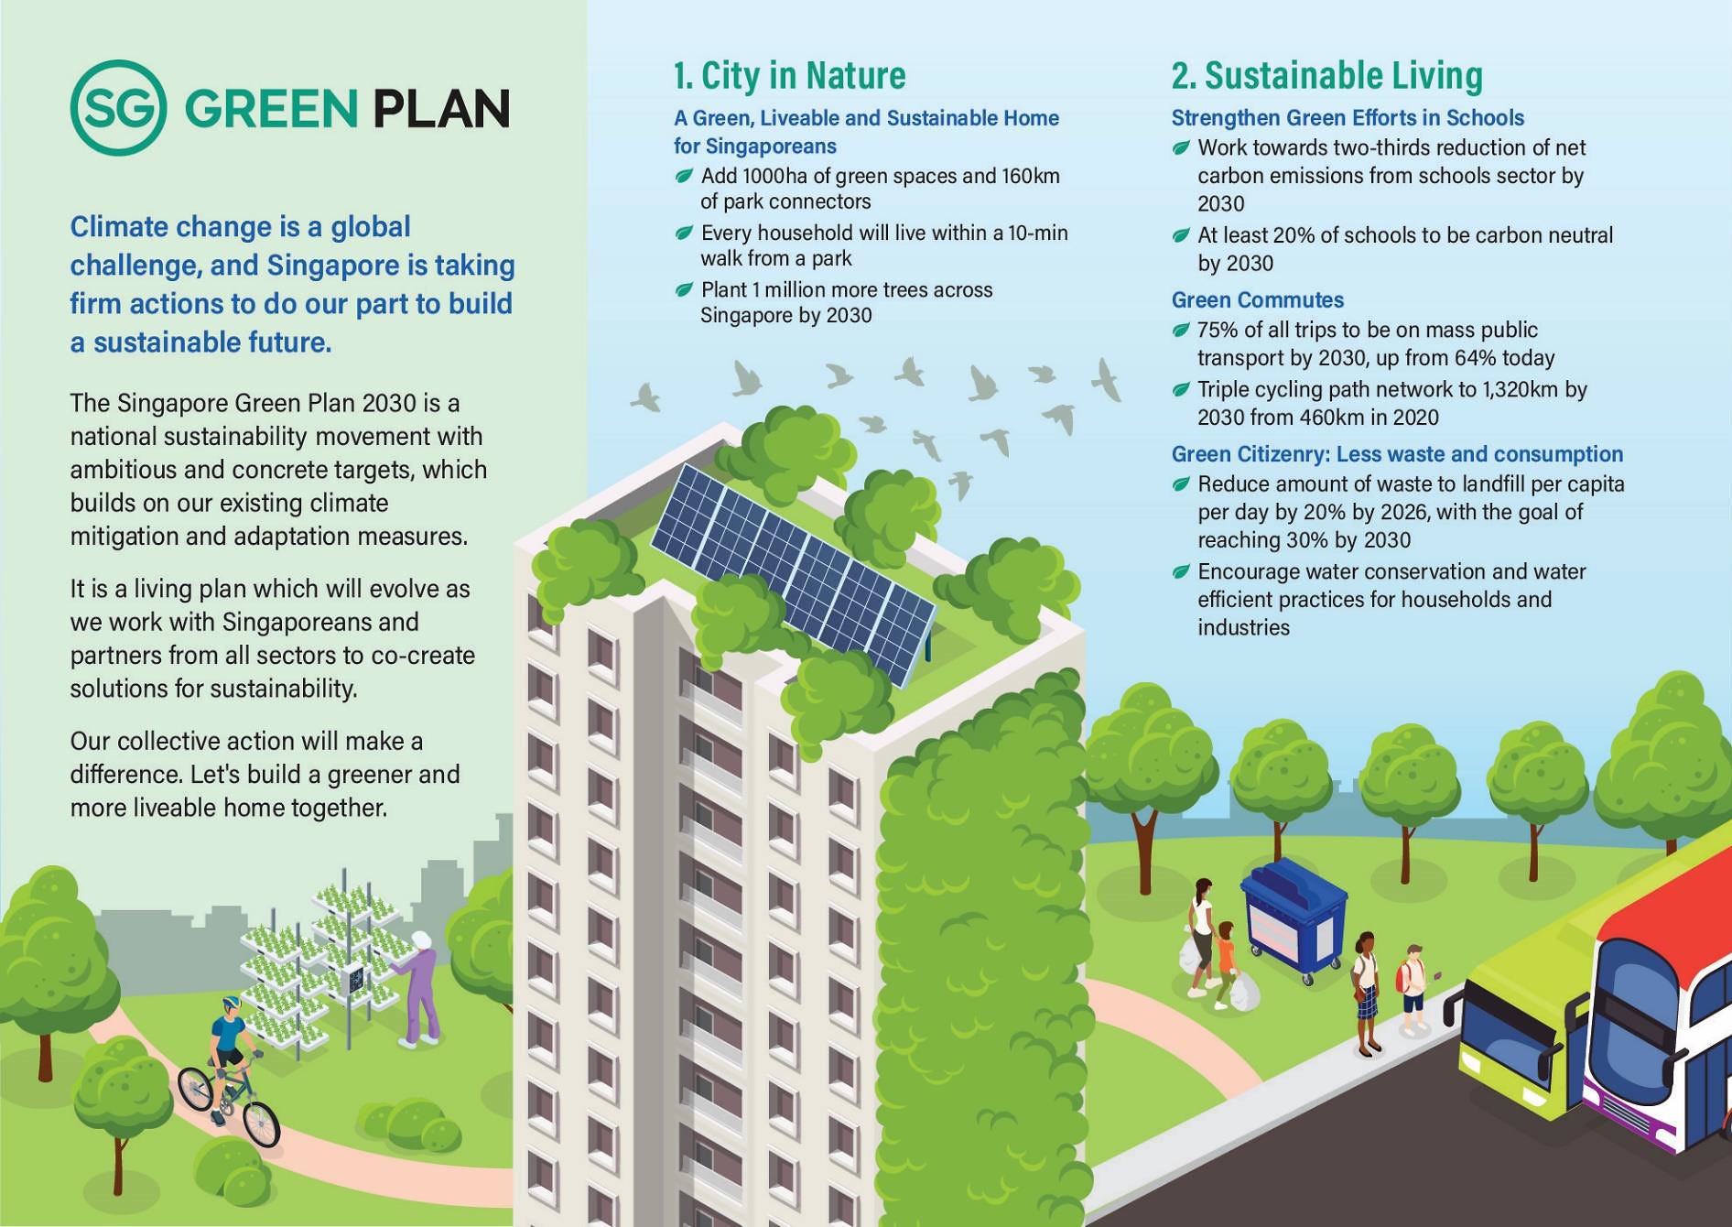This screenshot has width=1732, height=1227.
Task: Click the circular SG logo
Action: coord(118,108)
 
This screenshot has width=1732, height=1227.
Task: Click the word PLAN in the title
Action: coord(441,109)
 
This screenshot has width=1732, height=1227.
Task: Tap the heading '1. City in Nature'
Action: coord(789,75)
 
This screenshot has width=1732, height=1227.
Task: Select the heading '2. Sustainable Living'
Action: coord(1326,75)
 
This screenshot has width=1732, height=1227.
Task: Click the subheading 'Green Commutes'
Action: coord(1257,299)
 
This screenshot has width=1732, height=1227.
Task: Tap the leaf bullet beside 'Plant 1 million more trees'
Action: coord(684,290)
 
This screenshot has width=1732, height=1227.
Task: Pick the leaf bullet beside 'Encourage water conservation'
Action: coord(1181,572)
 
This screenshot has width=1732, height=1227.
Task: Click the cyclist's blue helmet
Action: coord(230,1004)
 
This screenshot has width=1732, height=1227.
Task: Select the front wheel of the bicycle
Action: coord(261,1124)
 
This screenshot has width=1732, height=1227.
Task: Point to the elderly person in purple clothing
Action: coord(421,989)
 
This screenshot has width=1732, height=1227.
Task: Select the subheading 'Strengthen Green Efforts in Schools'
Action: coord(1348,118)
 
